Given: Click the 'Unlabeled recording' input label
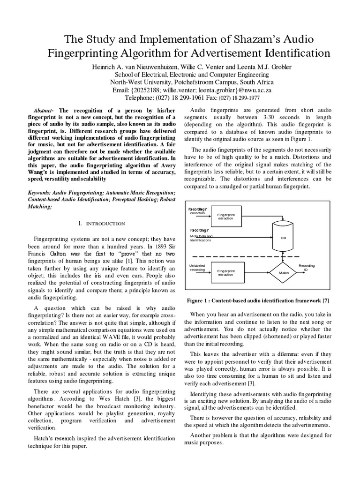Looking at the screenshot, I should tap(197, 268).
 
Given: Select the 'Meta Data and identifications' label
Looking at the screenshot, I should tap(201, 238).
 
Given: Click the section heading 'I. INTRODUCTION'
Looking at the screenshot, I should tap(102, 224).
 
